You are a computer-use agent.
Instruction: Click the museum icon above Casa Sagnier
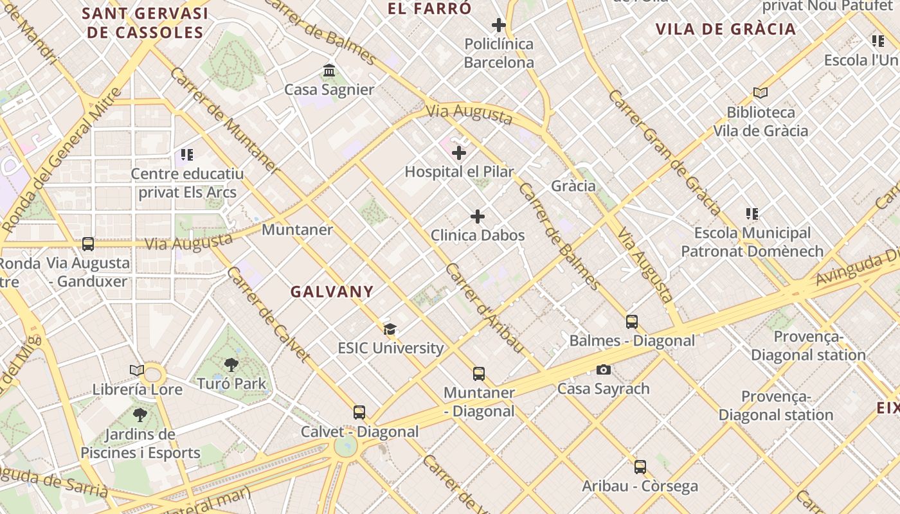[329, 70]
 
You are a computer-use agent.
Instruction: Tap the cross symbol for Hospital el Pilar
[459, 153]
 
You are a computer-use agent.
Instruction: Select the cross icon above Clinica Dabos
[478, 217]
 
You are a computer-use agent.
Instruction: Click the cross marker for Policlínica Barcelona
[499, 25]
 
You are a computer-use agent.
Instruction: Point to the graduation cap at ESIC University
[390, 330]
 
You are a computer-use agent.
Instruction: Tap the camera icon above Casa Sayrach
[603, 369]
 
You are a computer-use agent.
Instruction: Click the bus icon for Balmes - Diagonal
[632, 322]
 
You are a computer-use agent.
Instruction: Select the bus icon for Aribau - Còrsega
[640, 467]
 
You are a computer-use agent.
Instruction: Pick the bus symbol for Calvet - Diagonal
[359, 412]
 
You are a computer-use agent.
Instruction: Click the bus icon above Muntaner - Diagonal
[479, 374]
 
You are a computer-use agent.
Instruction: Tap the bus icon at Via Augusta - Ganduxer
[88, 244]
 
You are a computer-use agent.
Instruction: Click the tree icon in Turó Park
[231, 365]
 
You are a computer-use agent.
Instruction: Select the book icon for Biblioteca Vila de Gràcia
[760, 93]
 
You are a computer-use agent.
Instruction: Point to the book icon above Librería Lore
[137, 370]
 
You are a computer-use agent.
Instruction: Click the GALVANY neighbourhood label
[332, 292]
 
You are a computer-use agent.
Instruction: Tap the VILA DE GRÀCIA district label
[726, 29]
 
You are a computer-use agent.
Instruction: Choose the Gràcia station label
[573, 186]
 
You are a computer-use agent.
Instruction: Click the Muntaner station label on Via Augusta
[298, 229]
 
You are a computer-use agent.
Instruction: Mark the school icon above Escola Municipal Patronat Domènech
[752, 214]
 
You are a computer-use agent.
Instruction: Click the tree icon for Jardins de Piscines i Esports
[140, 415]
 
